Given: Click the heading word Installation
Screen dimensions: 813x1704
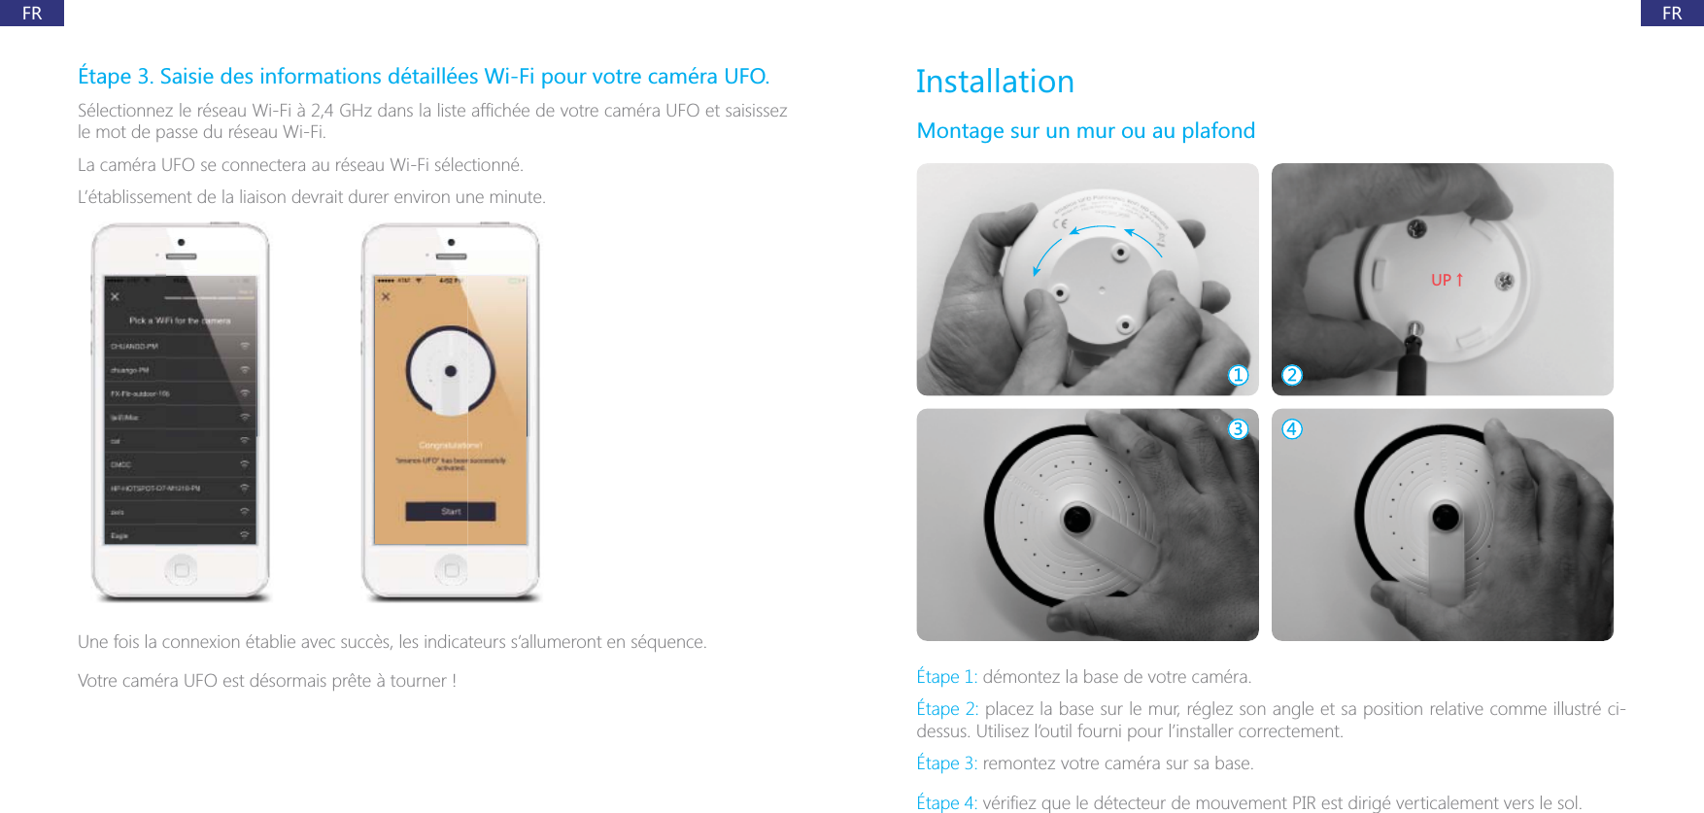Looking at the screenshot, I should click(x=995, y=82).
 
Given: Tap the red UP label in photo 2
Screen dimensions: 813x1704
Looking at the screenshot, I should click(x=1447, y=280).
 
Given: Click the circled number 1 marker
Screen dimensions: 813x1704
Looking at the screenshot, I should click(x=1238, y=375).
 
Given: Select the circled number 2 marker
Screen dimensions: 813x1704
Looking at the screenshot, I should click(x=1292, y=375).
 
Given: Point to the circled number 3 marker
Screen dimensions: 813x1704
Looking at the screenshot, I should click(x=1238, y=428).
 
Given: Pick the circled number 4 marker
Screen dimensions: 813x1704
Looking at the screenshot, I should click(x=1292, y=428).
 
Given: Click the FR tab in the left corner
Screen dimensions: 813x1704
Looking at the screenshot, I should click(x=32, y=13).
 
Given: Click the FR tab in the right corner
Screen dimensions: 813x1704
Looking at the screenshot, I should click(x=1672, y=13).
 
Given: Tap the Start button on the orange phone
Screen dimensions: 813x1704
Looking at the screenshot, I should click(x=451, y=511).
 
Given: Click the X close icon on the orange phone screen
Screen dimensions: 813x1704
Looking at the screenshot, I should click(x=386, y=296).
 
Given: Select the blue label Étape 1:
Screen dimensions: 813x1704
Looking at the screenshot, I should click(x=946, y=677).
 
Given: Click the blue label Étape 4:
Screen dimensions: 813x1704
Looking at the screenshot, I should click(x=946, y=803).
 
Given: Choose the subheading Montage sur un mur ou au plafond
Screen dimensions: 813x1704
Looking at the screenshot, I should click(x=1085, y=131).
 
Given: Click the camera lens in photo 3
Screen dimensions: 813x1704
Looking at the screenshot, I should click(x=1077, y=519).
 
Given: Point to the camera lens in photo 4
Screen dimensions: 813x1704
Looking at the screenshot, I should click(x=1446, y=516).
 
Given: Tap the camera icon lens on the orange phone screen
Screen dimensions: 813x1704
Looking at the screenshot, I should click(x=451, y=371).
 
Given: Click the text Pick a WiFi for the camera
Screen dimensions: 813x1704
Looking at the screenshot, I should click(x=180, y=321).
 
